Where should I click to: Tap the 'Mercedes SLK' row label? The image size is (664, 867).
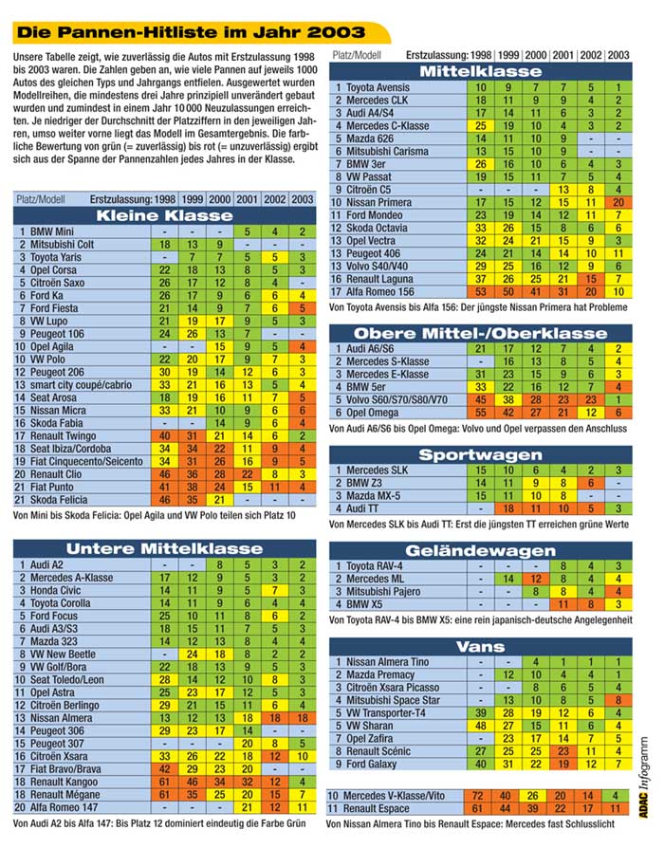pyautogui.click(x=381, y=470)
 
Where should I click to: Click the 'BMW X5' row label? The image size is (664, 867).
pyautogui.click(x=369, y=603)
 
